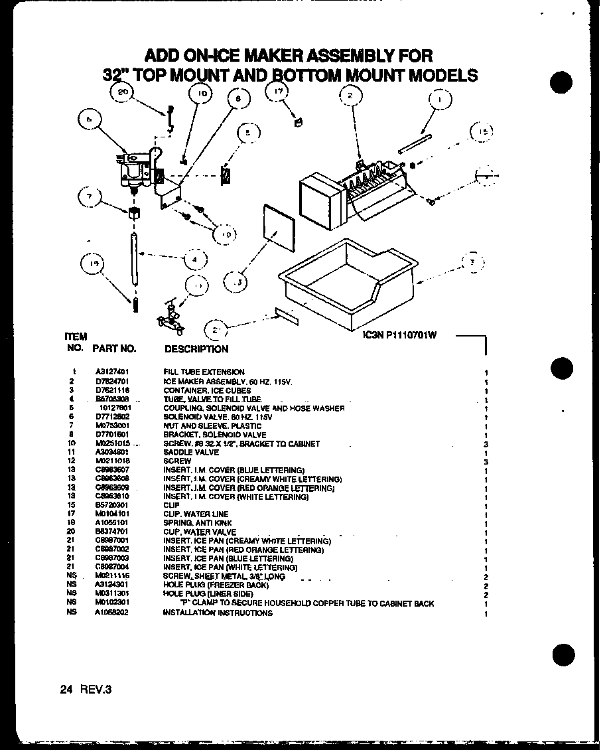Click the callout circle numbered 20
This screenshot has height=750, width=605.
(121, 93)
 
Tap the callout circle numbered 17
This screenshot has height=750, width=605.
(279, 92)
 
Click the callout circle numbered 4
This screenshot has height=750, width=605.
(194, 259)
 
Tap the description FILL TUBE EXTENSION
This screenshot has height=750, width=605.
(204, 372)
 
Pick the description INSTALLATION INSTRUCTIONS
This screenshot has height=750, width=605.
(218, 613)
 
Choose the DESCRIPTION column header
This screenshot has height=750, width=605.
(196, 349)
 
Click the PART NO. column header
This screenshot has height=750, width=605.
(114, 348)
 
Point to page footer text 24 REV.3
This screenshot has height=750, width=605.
(86, 690)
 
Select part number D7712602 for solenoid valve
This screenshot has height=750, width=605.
(111, 417)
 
